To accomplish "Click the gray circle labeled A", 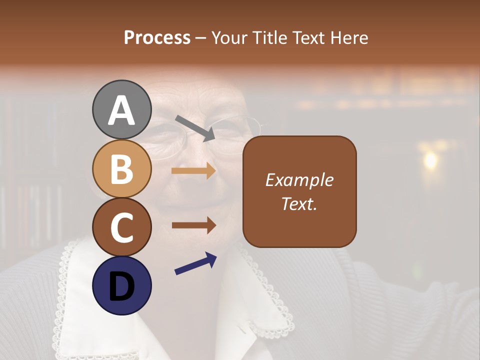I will click(121, 109).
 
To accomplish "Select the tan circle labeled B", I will click(121, 168).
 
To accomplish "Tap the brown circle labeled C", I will click(121, 227).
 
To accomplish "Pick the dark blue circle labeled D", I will click(121, 285).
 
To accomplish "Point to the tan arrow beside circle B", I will click(193, 171).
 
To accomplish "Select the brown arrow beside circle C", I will click(193, 225).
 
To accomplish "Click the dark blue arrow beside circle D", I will click(195, 263).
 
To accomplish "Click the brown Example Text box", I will click(299, 191).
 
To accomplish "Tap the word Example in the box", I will click(299, 180).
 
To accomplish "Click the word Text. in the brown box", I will click(299, 203).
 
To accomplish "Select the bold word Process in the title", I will click(157, 37).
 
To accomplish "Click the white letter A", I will click(121, 110).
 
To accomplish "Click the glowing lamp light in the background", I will click(429, 160).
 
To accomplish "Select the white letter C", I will click(121, 227).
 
